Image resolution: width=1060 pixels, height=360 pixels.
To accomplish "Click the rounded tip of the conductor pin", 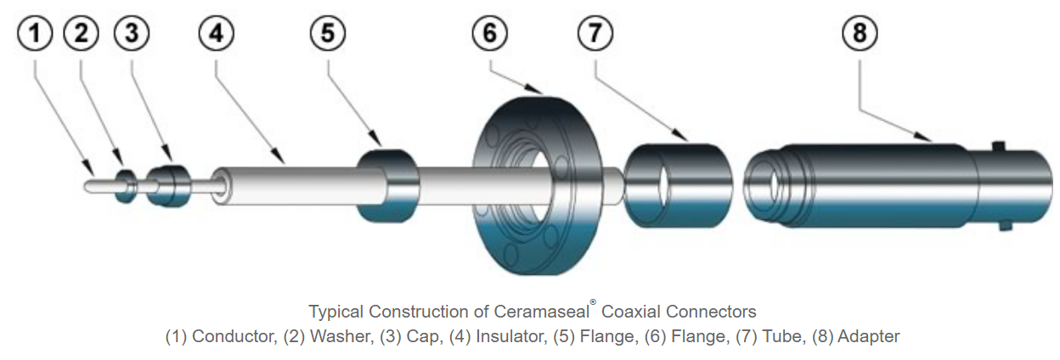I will [x=90, y=185].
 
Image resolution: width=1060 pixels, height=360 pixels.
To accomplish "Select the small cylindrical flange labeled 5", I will [x=386, y=185].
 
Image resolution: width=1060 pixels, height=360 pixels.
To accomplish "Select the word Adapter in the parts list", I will [x=868, y=337].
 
